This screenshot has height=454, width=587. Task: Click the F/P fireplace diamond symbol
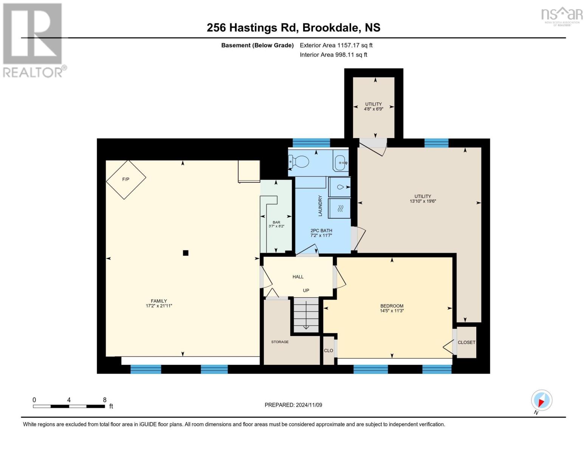126,179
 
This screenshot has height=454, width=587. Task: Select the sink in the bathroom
341,163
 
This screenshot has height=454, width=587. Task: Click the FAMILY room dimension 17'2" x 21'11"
159,306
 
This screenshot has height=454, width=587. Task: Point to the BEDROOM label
392,306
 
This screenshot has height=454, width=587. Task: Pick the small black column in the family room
186,253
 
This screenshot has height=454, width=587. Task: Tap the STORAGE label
280,342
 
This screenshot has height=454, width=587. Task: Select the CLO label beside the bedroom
328,351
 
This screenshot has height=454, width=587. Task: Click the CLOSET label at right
466,342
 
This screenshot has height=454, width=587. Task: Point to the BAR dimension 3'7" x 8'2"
276,226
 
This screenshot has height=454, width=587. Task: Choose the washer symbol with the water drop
340,187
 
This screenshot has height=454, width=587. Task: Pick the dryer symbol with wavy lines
340,208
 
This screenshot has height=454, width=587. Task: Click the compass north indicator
541,401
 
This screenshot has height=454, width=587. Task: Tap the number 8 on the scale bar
105,400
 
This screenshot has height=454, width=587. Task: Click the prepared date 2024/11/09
309,405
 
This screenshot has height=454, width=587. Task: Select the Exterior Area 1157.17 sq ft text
336,45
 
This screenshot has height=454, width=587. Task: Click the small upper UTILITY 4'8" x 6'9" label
373,106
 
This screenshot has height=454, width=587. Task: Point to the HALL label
298,277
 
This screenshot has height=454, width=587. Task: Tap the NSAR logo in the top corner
562,16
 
